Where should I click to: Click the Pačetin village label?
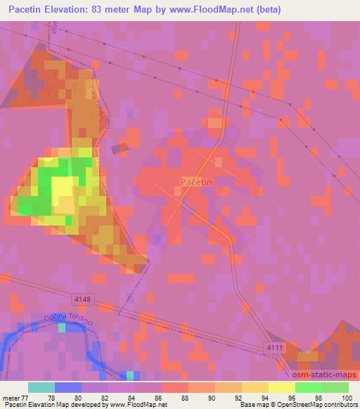pos(197,182)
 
